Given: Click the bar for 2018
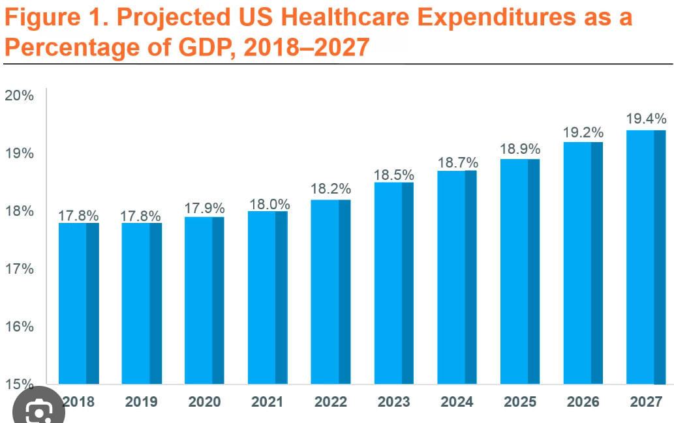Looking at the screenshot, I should point(78,303).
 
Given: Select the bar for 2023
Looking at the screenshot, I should point(394,283).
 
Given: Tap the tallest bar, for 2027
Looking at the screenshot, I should point(646,257).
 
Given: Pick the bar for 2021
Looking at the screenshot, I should point(268,297).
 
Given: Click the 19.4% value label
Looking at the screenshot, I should point(646,119).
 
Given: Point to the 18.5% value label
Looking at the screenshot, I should point(394,175).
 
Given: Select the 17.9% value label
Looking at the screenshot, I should point(204,209).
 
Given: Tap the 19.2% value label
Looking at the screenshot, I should point(583,133).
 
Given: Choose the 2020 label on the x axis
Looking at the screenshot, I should point(204,402).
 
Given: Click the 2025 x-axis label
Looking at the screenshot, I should point(520,402).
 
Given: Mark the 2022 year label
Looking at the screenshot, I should point(331,402).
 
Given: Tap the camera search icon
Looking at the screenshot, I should point(39,411).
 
